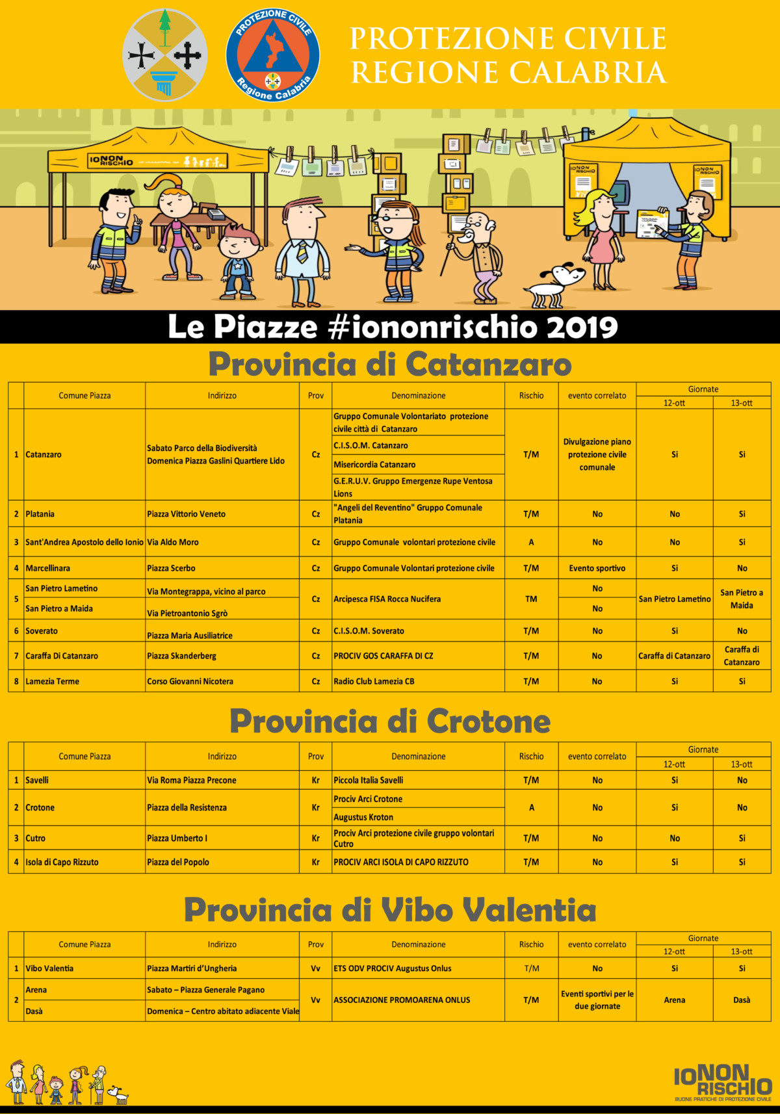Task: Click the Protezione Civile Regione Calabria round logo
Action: [x=272, y=55]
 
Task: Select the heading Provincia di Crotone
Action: [x=389, y=721]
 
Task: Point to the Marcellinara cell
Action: [x=47, y=568]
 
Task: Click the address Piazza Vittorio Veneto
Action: [x=186, y=514]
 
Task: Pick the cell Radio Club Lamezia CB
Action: [x=374, y=681]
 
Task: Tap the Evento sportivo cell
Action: [x=597, y=568]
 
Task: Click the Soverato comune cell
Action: [x=42, y=631]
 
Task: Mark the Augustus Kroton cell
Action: [x=363, y=817]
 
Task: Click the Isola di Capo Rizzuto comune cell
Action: [x=62, y=862]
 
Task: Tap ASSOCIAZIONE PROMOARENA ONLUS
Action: [x=402, y=1000]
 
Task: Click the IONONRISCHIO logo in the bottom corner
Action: [x=722, y=1081]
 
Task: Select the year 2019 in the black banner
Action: [x=582, y=327]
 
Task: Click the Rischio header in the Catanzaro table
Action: [x=531, y=396]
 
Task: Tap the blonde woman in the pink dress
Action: [x=603, y=237]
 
